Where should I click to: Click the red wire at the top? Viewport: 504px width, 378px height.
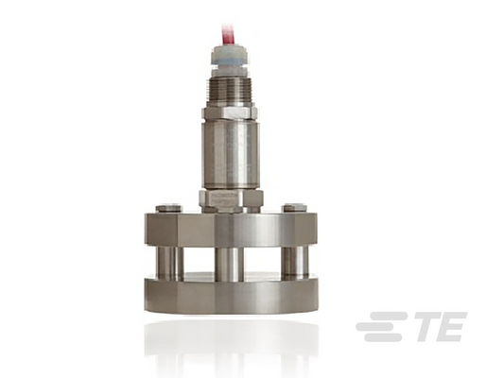click(x=227, y=36)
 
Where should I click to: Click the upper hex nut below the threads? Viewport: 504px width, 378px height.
click(x=230, y=113)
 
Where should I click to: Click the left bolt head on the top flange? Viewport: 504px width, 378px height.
click(x=168, y=208)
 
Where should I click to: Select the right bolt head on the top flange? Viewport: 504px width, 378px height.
click(x=294, y=208)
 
